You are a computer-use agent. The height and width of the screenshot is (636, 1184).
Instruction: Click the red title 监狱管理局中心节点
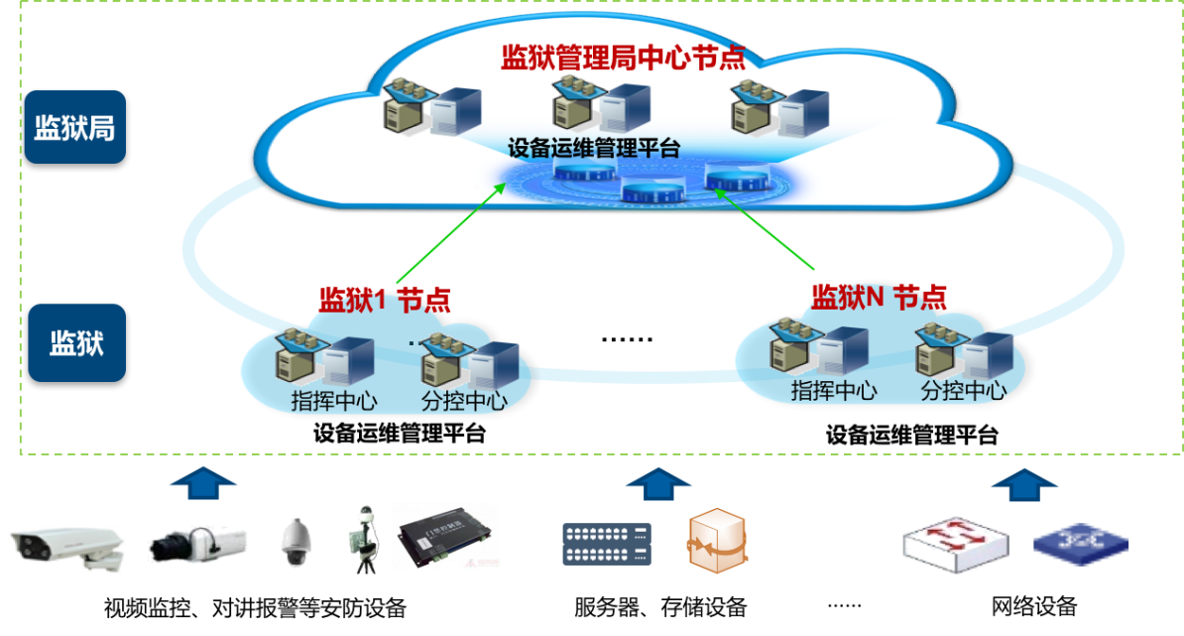[x=623, y=57]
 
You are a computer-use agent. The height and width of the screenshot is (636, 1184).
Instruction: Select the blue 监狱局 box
[x=75, y=128]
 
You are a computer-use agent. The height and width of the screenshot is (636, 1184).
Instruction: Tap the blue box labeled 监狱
[x=76, y=343]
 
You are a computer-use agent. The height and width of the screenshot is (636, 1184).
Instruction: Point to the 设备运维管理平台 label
[x=594, y=150]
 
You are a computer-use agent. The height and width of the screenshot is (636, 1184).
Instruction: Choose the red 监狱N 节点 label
[x=879, y=297]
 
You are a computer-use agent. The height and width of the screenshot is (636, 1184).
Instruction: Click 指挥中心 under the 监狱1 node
[x=333, y=402]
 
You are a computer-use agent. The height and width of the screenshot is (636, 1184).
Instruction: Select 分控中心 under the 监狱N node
[x=963, y=390]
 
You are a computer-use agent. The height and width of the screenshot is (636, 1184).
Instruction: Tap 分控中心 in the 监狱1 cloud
[x=464, y=402]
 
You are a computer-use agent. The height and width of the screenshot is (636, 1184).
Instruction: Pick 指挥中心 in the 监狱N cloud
[x=833, y=390]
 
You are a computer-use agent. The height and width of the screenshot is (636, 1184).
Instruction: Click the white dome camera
[x=296, y=542]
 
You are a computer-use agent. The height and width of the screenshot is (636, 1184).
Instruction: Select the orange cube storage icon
[x=716, y=540]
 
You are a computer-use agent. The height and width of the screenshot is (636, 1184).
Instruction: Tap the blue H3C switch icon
[x=1081, y=544]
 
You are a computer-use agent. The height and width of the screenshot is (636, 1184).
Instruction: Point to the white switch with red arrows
[x=956, y=544]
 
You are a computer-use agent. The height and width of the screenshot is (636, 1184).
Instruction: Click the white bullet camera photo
[x=64, y=546]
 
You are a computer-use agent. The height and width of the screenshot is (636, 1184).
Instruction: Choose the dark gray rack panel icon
[x=607, y=544]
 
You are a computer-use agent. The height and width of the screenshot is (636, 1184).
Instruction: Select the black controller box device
[x=442, y=538]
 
